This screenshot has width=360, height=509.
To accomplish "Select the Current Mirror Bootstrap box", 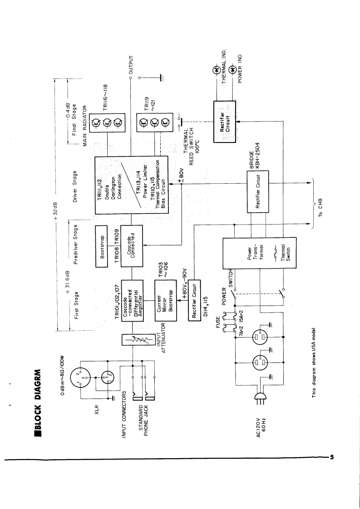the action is (166, 301).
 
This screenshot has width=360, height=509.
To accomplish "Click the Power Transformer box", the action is (259, 253).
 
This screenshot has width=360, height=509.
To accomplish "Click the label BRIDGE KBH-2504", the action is (254, 157).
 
